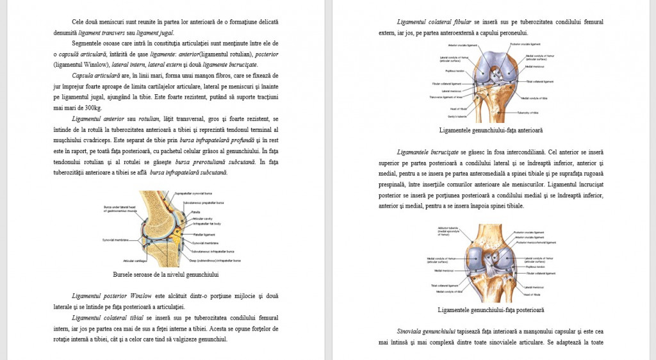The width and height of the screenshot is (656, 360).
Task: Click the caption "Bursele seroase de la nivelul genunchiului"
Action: (165, 275)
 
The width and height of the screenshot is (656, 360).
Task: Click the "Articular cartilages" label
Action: (135, 261)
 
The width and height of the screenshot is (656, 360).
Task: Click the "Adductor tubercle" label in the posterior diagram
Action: (447, 228)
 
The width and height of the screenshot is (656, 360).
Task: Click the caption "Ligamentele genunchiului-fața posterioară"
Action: (491, 310)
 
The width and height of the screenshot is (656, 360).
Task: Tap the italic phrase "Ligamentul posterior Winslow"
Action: (112, 295)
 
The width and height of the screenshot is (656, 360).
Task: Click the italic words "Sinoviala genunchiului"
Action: (426, 331)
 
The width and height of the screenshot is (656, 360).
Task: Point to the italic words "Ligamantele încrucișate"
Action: (427, 152)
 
